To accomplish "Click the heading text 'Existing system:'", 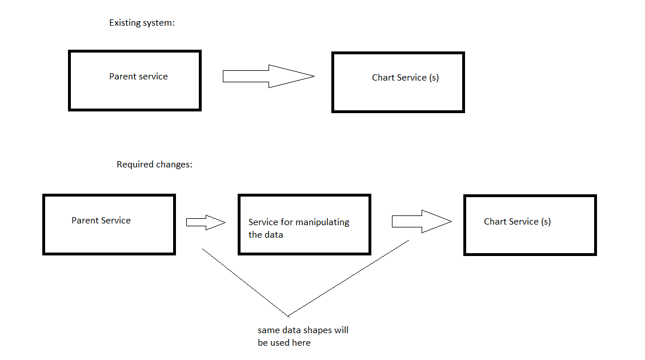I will (x=142, y=23).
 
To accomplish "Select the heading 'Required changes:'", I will (x=154, y=165).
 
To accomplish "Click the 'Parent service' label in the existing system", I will (x=138, y=77).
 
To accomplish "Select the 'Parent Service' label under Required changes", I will (x=101, y=221).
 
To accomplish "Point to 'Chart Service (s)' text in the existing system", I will (x=405, y=78).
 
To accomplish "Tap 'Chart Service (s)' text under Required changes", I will (x=517, y=222).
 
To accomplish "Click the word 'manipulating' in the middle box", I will (x=323, y=222).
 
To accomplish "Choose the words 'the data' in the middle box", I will (x=266, y=235).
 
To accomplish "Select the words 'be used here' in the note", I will (x=284, y=343).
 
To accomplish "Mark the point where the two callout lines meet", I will (x=289, y=315).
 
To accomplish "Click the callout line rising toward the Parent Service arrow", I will (x=246, y=282).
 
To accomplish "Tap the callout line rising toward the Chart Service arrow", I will (x=348, y=278).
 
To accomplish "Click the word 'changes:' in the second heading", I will (x=174, y=165).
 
